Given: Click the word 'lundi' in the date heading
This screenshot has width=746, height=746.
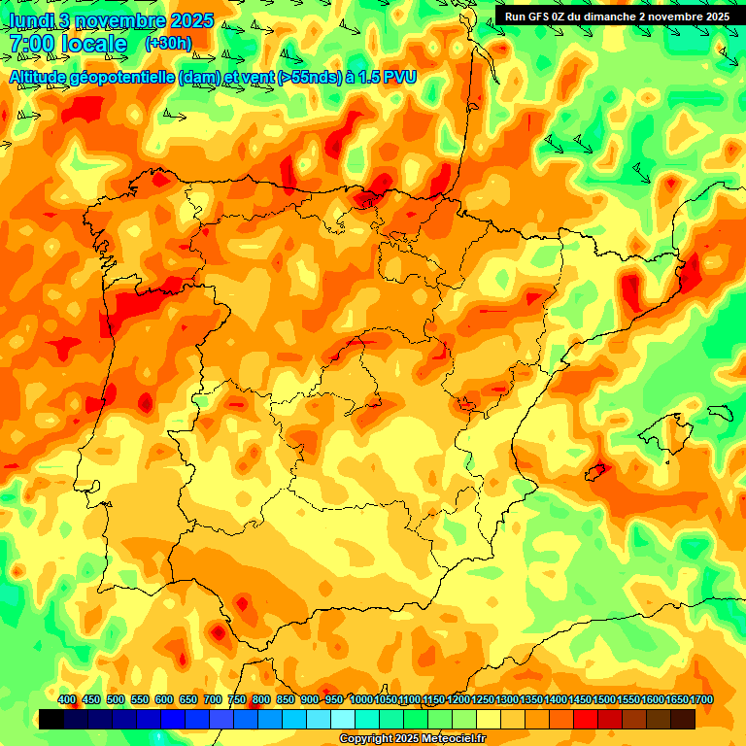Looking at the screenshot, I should click(30, 20).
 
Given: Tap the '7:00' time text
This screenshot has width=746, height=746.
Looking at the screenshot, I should click(31, 44).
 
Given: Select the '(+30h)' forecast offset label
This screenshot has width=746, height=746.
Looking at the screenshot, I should click(168, 44).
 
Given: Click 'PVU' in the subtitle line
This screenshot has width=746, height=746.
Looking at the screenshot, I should click(399, 77).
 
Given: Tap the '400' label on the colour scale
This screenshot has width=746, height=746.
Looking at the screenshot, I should click(67, 700).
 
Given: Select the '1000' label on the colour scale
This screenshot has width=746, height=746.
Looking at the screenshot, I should click(360, 700).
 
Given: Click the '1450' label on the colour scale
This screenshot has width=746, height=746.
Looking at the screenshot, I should click(580, 700).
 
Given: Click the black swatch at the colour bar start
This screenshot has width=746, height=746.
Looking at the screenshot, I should click(51, 720).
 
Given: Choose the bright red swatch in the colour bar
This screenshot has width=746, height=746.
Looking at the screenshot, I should click(586, 720).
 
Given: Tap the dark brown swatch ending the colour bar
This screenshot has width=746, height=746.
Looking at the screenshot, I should click(683, 720).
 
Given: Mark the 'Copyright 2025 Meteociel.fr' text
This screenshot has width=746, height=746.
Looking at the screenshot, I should click(412, 739).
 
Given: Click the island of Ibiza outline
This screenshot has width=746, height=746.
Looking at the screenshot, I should click(595, 471).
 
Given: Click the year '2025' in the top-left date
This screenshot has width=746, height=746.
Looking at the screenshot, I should click(191, 20).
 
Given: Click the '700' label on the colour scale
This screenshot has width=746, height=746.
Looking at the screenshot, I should click(213, 700).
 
